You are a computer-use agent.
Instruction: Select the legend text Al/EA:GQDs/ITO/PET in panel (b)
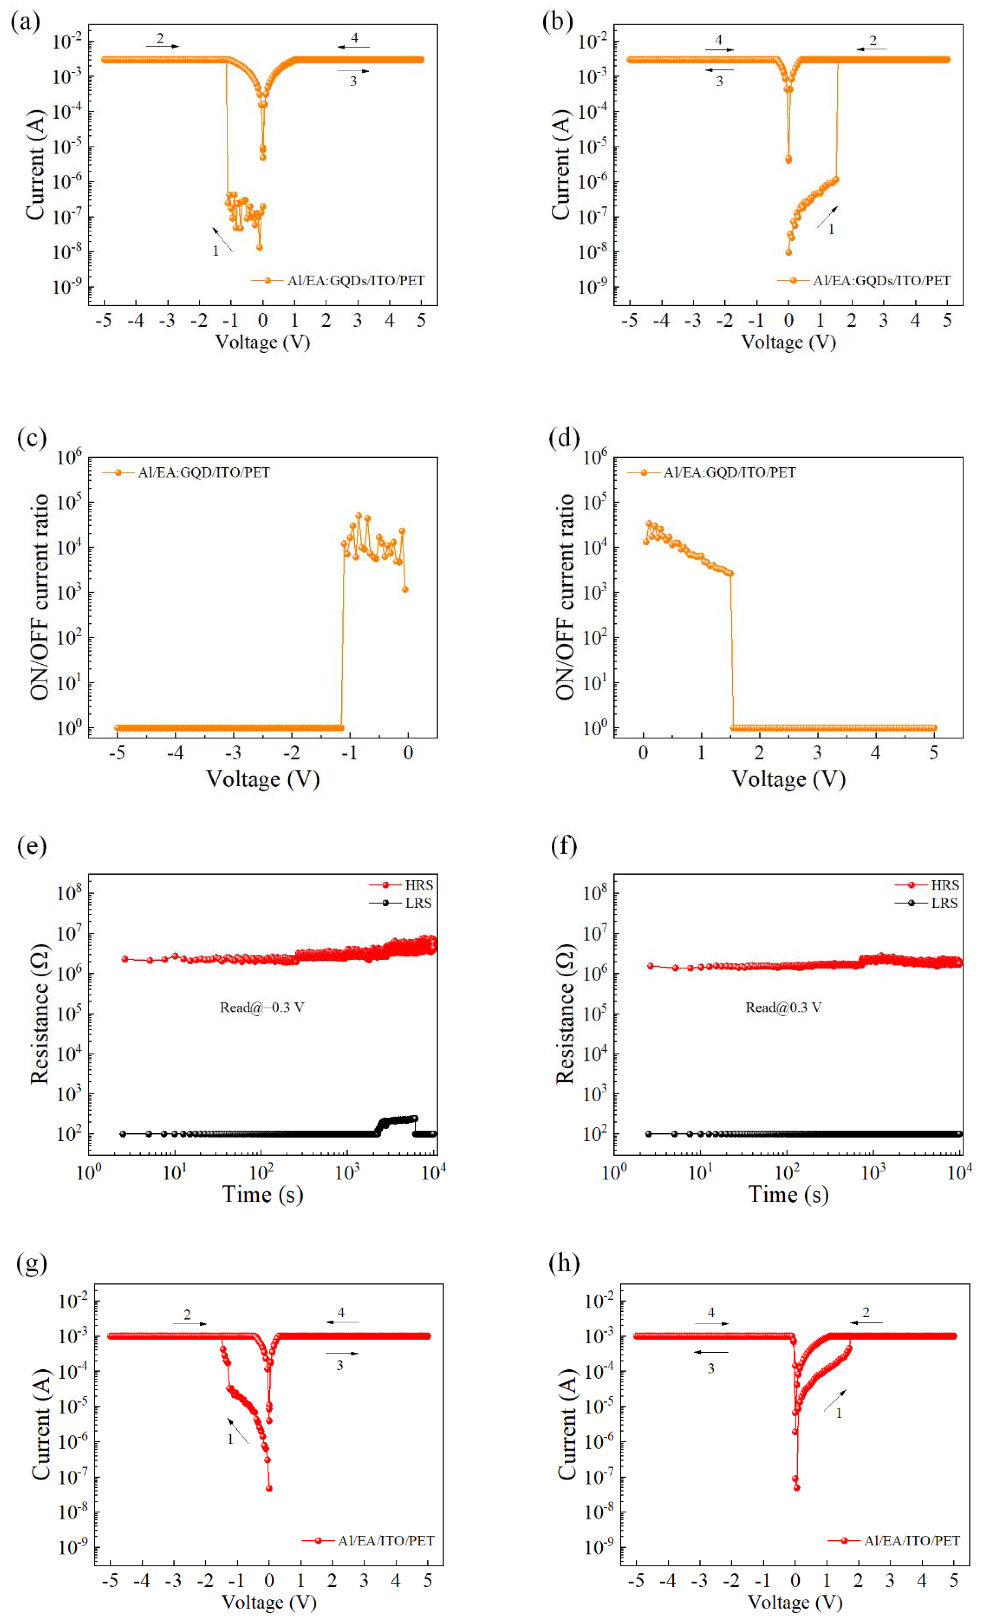881,281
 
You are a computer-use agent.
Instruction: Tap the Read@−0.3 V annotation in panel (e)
262,1007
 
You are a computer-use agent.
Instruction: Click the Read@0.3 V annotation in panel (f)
782,1007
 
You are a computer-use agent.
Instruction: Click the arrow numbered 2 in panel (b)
871,49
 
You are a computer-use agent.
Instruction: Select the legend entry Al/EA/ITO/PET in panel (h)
911,1541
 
